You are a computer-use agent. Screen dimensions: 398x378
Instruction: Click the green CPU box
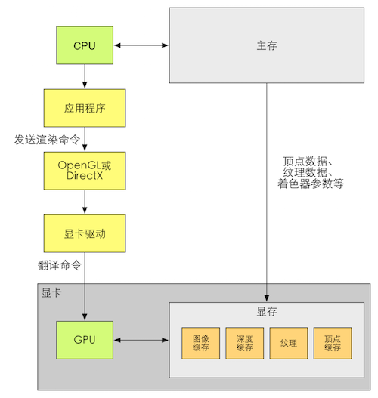pos(85,45)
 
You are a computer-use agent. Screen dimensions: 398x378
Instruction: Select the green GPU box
pos(85,339)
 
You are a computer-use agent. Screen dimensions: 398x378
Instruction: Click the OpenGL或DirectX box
pos(85,170)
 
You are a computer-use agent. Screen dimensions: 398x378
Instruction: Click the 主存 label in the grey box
pos(267,45)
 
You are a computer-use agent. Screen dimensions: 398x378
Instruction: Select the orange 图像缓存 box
pos(201,343)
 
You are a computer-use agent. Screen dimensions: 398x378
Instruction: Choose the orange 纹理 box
pos(289,343)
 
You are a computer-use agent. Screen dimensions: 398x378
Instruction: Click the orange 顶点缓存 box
pos(333,343)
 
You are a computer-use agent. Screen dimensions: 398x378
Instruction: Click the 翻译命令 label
pos(59,265)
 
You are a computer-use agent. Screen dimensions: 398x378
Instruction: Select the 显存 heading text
pos(267,312)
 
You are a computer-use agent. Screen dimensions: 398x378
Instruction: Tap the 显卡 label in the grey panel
pos(52,292)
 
